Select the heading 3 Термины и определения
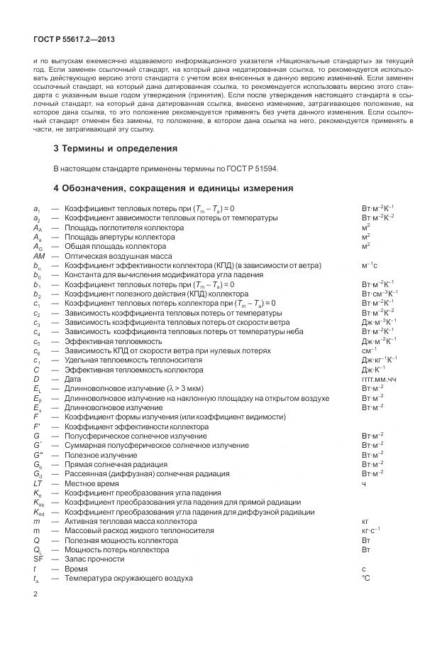(x=116, y=149)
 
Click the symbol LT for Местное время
(x=38, y=483)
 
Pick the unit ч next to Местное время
(x=364, y=483)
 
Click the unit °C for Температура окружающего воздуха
(x=366, y=578)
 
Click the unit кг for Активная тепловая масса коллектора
(x=365, y=521)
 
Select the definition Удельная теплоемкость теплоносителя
(x=133, y=360)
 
